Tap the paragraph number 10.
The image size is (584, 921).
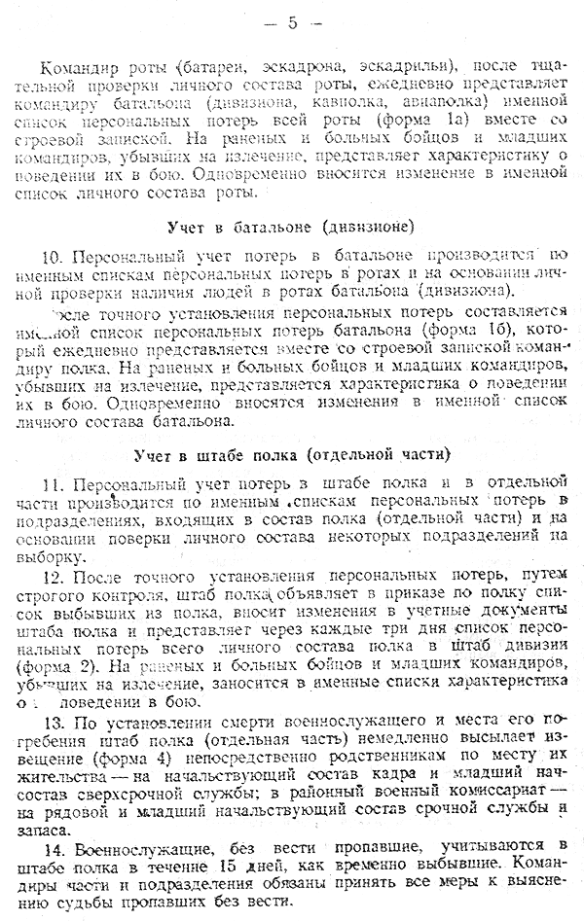click(x=53, y=258)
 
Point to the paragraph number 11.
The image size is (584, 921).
click(x=53, y=484)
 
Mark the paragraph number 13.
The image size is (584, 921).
click(x=53, y=726)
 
